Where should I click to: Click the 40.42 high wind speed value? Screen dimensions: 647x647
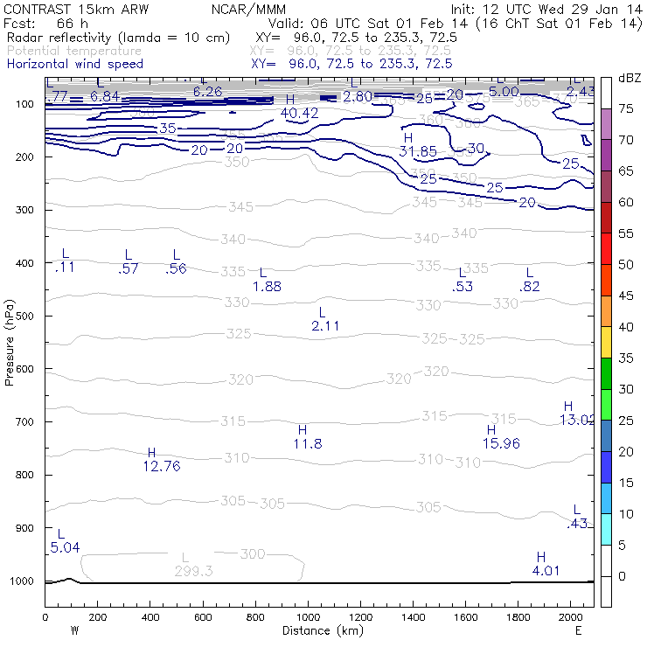[300, 113]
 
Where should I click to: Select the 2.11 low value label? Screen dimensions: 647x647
[325, 325]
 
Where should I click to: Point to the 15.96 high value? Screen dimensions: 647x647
[501, 443]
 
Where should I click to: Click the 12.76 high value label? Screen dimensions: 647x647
[161, 466]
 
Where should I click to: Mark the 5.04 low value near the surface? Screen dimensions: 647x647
[65, 547]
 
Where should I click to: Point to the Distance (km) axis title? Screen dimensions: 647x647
[319, 630]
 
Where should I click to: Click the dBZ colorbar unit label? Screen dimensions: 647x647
[630, 78]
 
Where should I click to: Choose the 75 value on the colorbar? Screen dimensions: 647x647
[626, 109]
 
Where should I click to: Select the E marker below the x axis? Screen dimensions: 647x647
[578, 630]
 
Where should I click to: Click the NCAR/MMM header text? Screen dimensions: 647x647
[248, 9]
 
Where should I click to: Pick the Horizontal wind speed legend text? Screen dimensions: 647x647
[74, 64]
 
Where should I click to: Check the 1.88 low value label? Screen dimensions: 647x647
[267, 286]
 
